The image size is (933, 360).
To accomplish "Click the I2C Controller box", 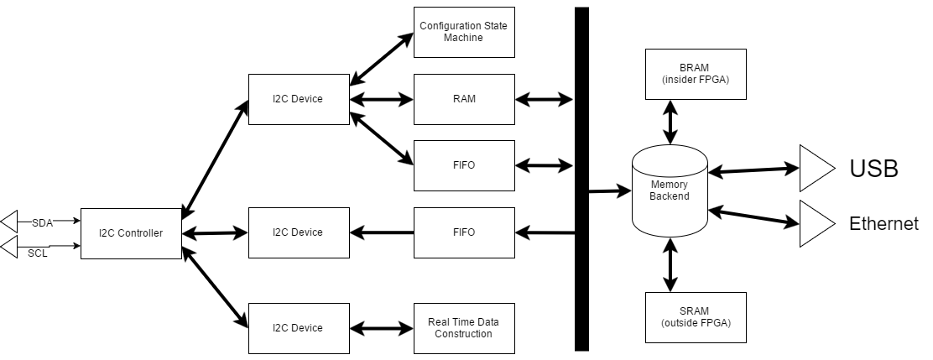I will [131, 233].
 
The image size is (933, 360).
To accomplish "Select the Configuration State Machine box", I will [463, 32].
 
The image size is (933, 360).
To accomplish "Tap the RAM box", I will [463, 99].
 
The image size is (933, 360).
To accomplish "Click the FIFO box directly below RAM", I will [463, 165].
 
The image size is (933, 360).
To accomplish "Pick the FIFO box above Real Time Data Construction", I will [463, 232].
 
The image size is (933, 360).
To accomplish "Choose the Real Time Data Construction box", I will [463, 327].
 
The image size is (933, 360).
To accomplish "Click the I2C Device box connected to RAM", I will [298, 99].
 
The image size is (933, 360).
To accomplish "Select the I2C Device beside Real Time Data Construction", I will [298, 327].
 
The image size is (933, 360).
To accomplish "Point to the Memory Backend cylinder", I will [670, 190].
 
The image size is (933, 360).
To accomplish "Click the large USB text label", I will [873, 169].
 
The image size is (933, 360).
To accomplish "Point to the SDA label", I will [42, 222].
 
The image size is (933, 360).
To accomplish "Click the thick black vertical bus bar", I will [581, 179].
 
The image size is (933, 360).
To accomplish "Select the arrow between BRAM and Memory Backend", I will [670, 122].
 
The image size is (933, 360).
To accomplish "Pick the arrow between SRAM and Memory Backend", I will [670, 264].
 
